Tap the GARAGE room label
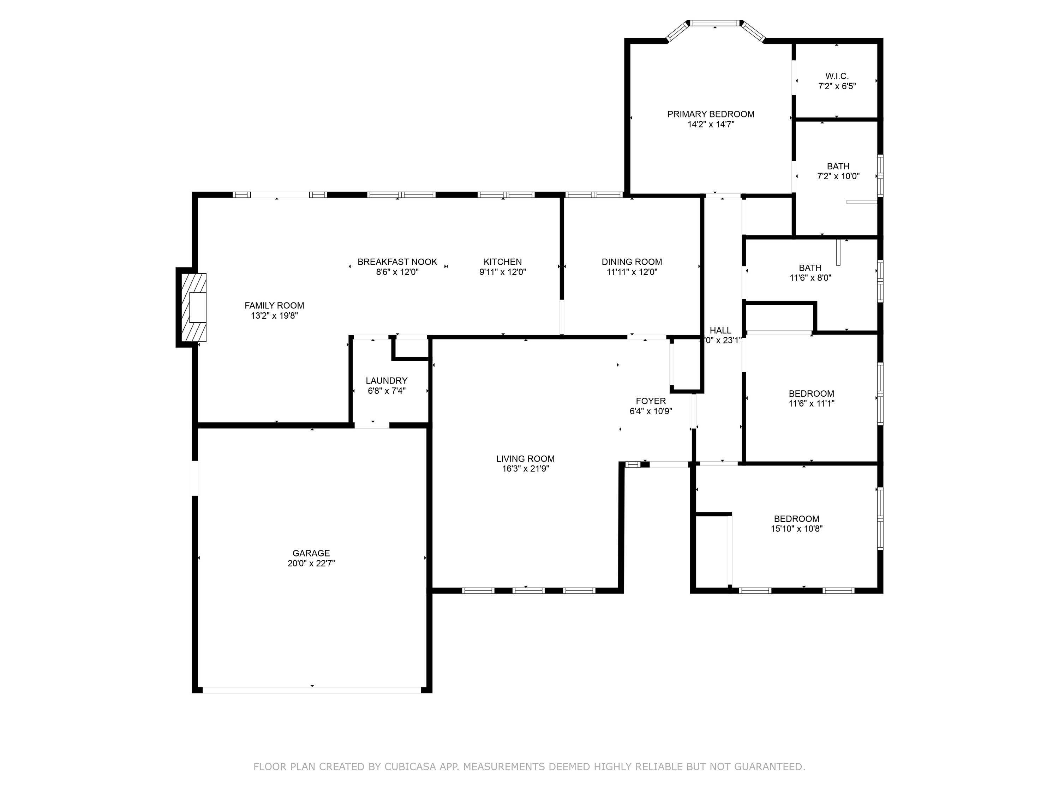click(311, 553)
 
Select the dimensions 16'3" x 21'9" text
click(525, 469)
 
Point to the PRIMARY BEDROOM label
click(711, 114)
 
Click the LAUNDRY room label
click(386, 380)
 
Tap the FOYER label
click(650, 401)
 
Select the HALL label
click(720, 330)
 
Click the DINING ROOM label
click(632, 262)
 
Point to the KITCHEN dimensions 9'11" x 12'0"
click(502, 272)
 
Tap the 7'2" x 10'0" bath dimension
click(838, 176)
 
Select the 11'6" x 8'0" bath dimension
click(810, 278)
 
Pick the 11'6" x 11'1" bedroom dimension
click(811, 403)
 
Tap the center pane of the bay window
click(715, 23)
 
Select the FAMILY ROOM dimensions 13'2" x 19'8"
click(274, 316)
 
